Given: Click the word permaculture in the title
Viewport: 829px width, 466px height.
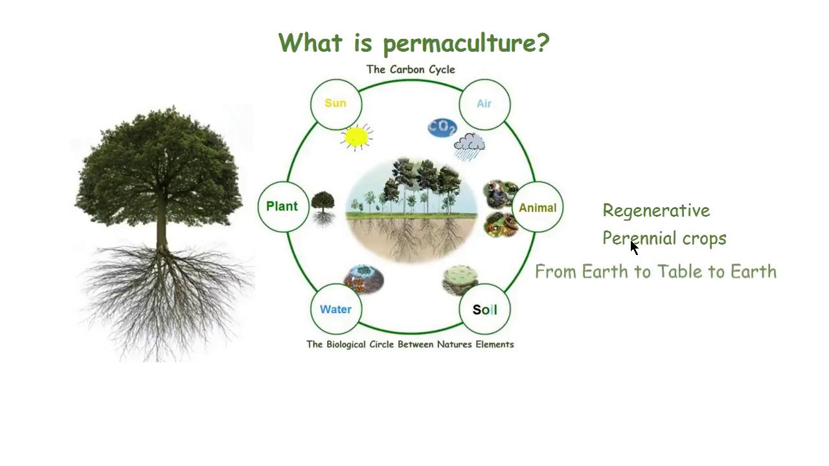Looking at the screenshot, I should coord(465,44).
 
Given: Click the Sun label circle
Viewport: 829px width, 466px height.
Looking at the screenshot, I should coord(335,104).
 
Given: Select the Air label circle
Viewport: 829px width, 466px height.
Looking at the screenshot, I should coord(484,104).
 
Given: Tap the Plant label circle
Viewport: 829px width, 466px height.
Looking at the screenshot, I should coord(282,206).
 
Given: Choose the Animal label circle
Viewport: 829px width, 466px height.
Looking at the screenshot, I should coord(538,208).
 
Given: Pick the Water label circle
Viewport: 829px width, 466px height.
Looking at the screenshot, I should coord(335,309).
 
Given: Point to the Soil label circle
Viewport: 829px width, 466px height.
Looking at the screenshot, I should coord(484,310).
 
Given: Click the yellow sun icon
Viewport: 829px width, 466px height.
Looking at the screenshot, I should coord(356,137).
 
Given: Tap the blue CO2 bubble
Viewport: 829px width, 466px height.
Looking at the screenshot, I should coord(442,128).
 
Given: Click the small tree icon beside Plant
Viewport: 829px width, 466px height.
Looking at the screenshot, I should coord(323,207).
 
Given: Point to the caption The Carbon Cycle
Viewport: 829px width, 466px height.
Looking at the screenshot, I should coord(411,69).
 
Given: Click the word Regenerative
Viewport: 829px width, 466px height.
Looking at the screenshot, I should coord(656,211).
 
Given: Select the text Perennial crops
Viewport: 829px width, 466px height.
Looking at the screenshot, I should coord(664,238).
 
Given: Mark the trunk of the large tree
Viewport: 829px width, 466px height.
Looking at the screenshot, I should coord(162,233).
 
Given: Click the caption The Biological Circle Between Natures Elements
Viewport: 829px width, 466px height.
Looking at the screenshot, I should coord(410,344).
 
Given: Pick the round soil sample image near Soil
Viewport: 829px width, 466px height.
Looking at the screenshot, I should coord(460,278).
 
